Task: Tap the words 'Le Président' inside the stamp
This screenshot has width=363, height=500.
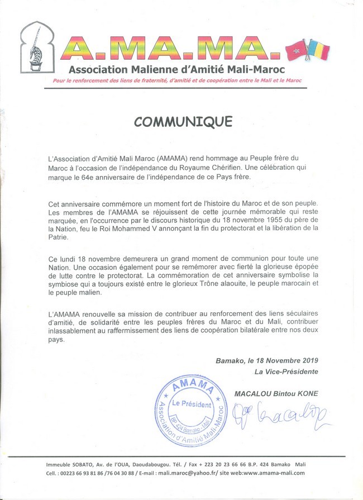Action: coord(192,404)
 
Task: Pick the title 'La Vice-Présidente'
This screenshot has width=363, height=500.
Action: coord(286,372)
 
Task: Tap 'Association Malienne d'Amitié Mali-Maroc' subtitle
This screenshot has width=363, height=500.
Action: coord(176,70)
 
